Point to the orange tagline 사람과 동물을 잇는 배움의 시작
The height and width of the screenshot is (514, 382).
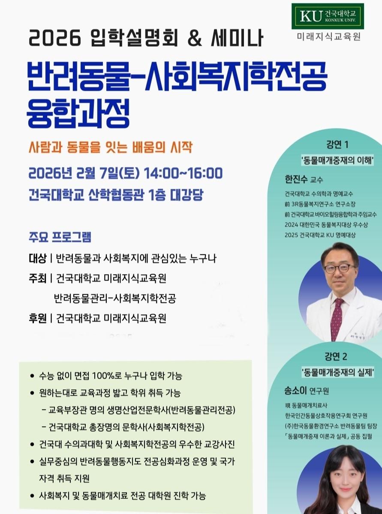[x=110, y=148]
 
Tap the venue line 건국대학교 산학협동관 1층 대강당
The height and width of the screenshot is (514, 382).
[x=116, y=195]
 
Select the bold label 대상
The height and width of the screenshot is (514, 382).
[x=37, y=258]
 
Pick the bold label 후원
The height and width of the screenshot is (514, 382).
[x=37, y=318]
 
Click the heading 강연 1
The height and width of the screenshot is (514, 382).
[x=337, y=144]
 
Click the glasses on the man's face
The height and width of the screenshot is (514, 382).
[x=339, y=269]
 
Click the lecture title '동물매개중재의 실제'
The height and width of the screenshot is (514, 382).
[x=337, y=372]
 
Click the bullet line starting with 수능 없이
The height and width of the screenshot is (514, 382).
[x=110, y=376]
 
